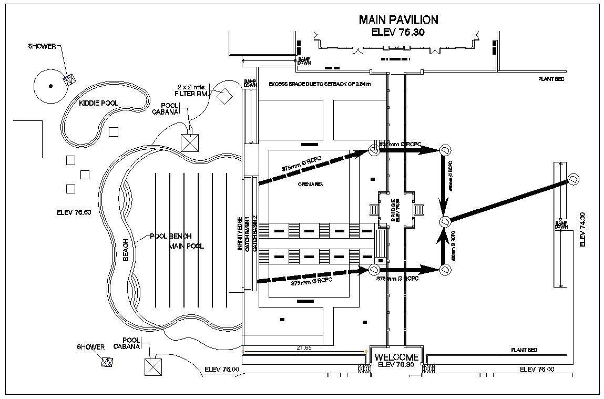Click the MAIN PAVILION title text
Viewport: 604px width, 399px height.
(x=398, y=20)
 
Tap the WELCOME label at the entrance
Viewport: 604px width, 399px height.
(x=397, y=357)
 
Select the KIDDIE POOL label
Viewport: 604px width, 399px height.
(x=98, y=103)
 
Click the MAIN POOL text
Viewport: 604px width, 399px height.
(x=186, y=245)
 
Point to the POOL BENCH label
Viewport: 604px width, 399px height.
(x=171, y=236)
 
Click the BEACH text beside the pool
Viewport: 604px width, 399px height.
(x=126, y=250)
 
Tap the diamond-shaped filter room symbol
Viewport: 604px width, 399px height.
(x=225, y=95)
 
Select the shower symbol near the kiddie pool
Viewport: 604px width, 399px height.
(x=68, y=79)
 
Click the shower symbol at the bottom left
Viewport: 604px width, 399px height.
(x=107, y=362)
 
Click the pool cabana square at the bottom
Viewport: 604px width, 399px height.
(x=153, y=366)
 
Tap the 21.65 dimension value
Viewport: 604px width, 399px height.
(x=304, y=347)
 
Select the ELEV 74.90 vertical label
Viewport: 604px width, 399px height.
(x=581, y=230)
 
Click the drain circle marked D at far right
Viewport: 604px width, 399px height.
(x=574, y=179)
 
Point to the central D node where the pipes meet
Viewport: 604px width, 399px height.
(x=445, y=222)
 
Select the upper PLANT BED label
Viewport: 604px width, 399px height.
(x=551, y=79)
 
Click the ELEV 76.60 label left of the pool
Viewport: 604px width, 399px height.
(x=74, y=212)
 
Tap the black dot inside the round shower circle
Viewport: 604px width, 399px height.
(x=50, y=86)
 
